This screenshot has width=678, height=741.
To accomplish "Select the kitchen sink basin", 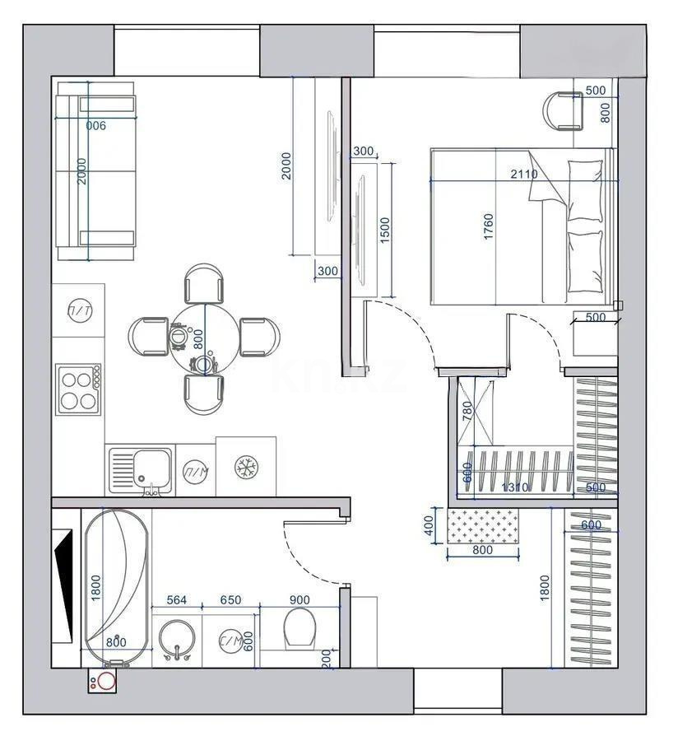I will (x=148, y=466).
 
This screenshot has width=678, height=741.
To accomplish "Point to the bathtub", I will (x=116, y=586).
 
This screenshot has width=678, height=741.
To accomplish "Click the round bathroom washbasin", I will (x=177, y=640).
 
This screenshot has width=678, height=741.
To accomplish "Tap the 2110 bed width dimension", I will (x=523, y=174).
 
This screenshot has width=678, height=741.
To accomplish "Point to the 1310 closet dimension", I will (x=515, y=487).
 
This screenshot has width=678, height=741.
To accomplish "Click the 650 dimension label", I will (x=230, y=600).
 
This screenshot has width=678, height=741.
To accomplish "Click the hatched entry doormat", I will (x=484, y=525).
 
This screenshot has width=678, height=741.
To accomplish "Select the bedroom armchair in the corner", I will (x=564, y=110).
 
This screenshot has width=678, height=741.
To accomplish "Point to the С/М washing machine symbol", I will (x=229, y=641).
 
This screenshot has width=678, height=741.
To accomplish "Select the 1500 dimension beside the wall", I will (x=385, y=226).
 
